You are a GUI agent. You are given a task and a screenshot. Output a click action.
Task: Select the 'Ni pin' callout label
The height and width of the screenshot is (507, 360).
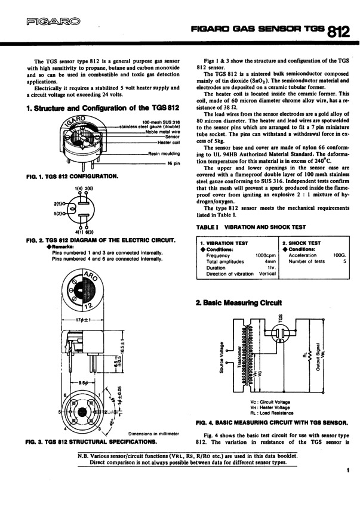tap(173, 163)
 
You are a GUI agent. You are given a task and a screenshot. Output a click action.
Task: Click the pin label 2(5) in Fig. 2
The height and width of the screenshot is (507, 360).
tap(59, 203)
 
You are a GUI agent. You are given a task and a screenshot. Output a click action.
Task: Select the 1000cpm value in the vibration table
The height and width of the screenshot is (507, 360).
tap(265, 255)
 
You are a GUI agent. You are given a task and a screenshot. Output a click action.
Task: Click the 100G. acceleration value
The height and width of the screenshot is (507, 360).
tap(339, 255)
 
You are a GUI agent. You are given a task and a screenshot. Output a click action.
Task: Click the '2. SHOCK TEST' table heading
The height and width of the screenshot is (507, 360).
tap(301, 243)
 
